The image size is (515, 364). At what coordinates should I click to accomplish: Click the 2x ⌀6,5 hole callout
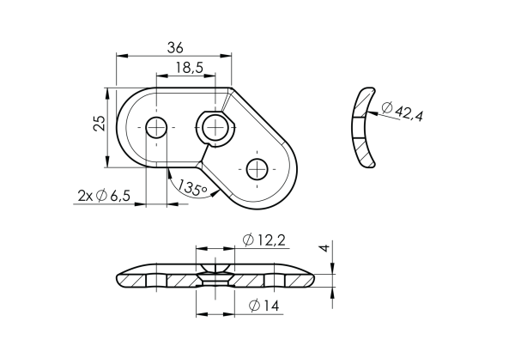[x=104, y=197]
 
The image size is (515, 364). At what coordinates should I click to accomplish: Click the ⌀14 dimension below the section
[x=269, y=305]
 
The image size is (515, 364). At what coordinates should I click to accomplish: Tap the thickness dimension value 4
[x=324, y=248]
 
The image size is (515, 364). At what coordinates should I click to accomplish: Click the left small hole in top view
[x=156, y=128]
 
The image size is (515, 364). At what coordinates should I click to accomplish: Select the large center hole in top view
[x=215, y=128]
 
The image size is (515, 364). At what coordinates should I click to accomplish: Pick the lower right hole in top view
[x=257, y=169]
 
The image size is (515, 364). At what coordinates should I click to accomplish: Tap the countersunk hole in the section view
[x=214, y=278]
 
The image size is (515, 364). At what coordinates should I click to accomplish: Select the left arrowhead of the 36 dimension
[x=121, y=56]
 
